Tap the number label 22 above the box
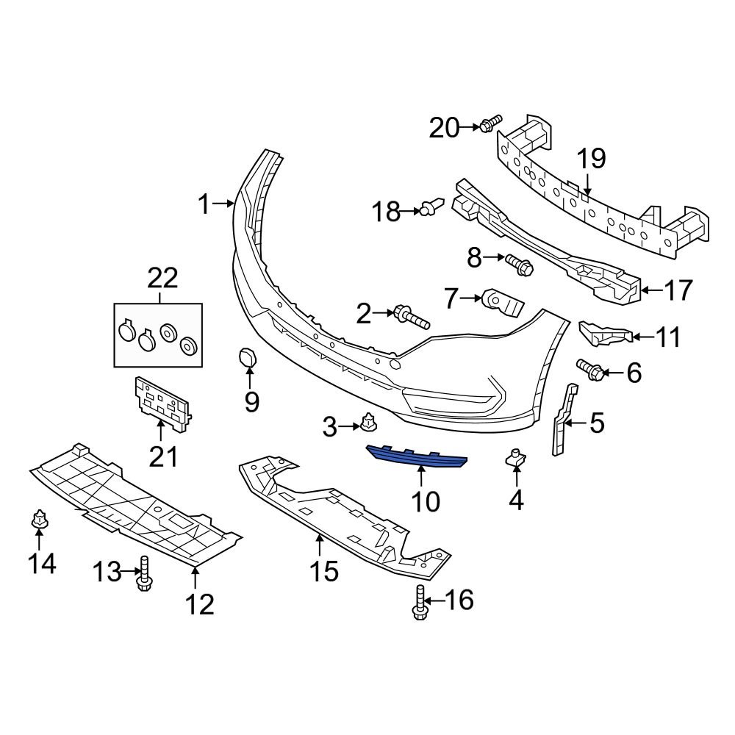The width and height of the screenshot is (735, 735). tap(162, 279)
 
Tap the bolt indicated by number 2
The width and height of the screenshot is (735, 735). tap(411, 318)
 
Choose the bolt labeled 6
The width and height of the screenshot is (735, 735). tap(592, 369)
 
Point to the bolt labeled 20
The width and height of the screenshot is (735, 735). tap(490, 124)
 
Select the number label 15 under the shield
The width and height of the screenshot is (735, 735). tap(323, 570)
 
